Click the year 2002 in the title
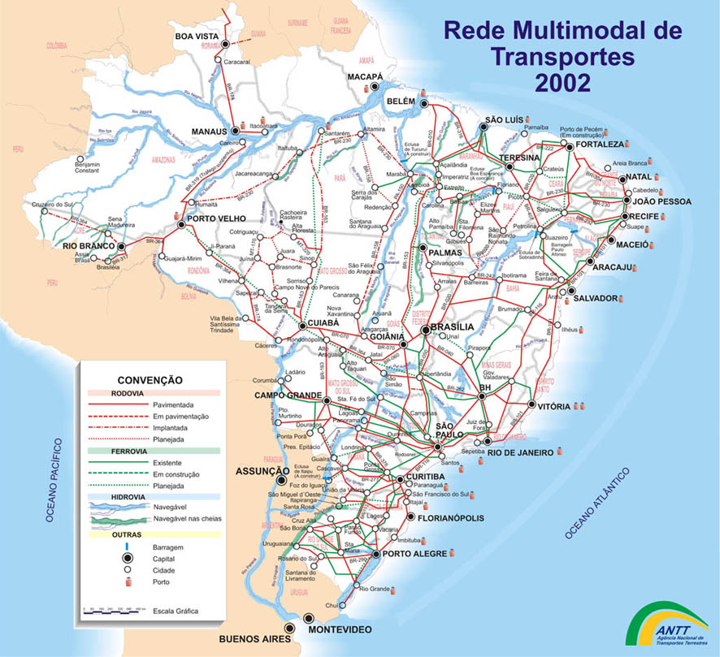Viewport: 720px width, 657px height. (562, 82)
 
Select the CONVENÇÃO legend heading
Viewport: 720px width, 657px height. (150, 379)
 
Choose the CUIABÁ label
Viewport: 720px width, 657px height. (321, 322)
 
